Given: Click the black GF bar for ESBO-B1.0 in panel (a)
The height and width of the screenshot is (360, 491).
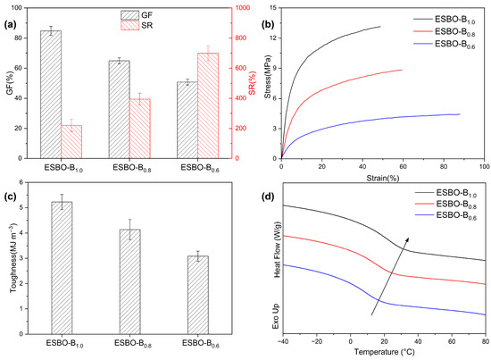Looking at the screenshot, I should [51, 94].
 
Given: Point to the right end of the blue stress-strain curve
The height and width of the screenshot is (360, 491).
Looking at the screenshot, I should [460, 113].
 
